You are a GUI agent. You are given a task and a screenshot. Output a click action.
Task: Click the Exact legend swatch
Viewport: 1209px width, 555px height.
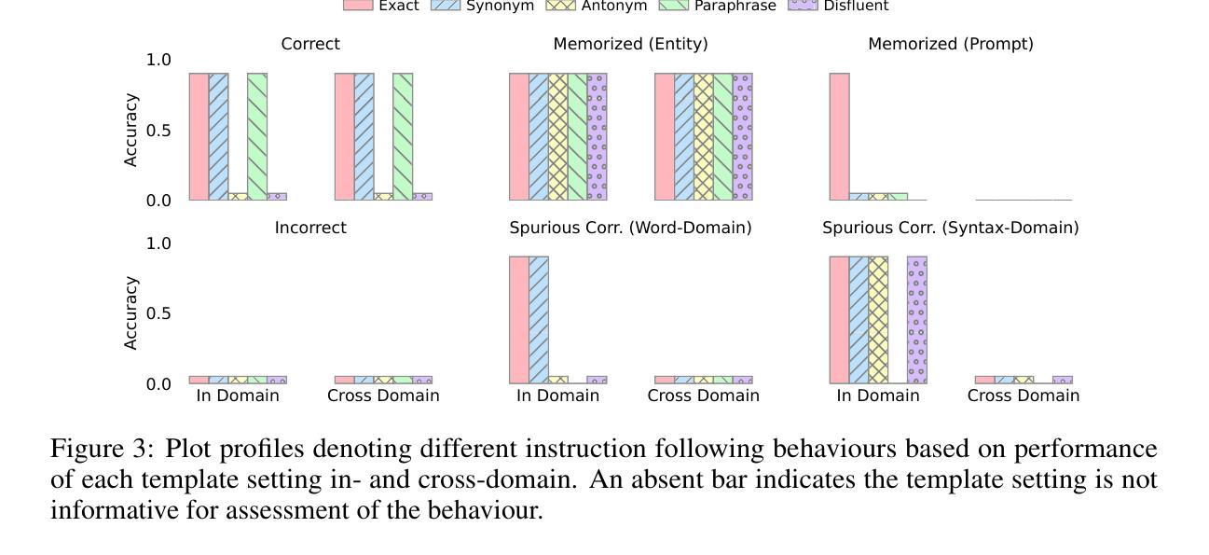pos(357,5)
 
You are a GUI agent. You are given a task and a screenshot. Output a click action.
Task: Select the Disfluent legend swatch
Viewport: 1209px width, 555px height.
pos(803,5)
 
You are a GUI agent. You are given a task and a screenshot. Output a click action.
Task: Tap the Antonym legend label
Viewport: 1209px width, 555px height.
pos(613,6)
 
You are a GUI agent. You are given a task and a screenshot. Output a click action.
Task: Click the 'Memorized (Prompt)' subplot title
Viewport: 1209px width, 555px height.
pos(950,44)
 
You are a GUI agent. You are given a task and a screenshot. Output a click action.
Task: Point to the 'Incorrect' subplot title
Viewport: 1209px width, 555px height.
pos(310,228)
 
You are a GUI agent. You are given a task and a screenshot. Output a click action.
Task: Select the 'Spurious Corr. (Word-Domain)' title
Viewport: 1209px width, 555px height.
pos(630,228)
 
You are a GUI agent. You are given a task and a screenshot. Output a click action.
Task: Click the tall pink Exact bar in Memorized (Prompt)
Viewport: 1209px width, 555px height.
pos(839,136)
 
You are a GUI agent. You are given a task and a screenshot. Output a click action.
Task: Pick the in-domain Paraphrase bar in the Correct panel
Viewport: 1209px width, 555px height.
pos(257,136)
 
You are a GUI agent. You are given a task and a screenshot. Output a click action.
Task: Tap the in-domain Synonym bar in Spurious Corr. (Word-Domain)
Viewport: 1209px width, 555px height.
pos(539,320)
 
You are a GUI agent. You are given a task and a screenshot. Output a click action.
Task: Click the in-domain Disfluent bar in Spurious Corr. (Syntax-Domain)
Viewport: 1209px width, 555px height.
pos(917,320)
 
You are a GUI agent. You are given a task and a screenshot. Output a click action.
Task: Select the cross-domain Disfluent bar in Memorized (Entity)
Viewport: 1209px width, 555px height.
pos(742,136)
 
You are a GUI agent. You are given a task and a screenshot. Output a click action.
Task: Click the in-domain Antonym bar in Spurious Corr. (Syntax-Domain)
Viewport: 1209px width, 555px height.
pos(878,320)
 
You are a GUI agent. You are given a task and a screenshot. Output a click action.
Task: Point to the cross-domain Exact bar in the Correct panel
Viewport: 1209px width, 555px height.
pos(345,136)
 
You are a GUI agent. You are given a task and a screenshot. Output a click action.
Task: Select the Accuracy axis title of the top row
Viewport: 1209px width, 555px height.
pos(131,130)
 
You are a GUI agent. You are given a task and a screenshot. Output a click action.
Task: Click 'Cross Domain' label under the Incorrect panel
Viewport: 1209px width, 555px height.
pos(383,395)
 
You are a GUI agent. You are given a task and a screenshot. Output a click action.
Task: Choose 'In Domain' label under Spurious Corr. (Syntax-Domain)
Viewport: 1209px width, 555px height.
pos(878,395)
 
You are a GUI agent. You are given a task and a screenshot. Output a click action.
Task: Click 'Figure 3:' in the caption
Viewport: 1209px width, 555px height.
pos(101,449)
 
